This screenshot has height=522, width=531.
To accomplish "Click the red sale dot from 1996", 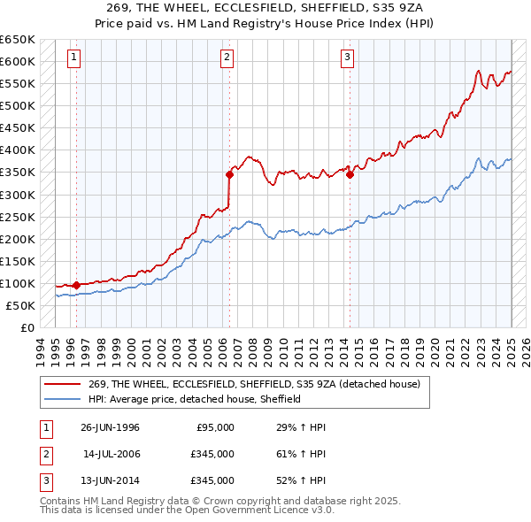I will pos(76,285).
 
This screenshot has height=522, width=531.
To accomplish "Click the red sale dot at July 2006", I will pos(229,174).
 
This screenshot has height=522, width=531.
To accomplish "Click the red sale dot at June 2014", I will pos(350,174).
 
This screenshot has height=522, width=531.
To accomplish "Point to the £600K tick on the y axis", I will pos(18,61).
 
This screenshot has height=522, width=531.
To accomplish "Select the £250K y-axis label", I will pos(18,217).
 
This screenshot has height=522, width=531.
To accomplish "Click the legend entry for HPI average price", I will pos(196,399).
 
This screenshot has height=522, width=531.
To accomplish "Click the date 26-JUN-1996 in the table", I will pos(110,427).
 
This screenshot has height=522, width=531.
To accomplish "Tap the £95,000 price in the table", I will pos(214,427).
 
